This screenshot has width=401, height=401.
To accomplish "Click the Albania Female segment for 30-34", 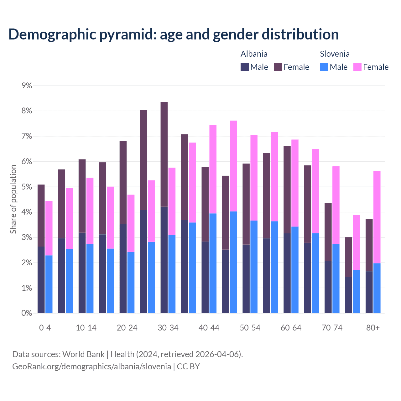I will click(x=164, y=154).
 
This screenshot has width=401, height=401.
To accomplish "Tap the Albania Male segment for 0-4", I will click(x=41, y=280).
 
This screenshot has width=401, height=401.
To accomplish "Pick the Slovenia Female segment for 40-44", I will click(x=213, y=169).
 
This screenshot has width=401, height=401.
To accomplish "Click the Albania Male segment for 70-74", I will click(x=328, y=287).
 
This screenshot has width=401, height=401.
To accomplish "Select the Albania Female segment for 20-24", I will click(x=123, y=182).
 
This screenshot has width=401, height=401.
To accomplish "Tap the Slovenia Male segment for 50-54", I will click(x=254, y=267).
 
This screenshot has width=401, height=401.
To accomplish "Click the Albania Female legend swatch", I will click(x=278, y=67).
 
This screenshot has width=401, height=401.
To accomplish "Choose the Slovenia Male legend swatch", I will click(x=324, y=67).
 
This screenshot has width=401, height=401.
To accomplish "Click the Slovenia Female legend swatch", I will click(x=357, y=67).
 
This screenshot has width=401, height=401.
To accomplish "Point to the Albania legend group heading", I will click(x=254, y=54).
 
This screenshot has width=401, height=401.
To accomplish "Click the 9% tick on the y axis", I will click(x=27, y=86).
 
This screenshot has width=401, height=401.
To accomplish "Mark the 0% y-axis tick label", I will click(x=27, y=313).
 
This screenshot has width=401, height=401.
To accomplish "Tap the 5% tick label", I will click(x=27, y=187).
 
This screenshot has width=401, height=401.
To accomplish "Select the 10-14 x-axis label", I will click(x=86, y=328).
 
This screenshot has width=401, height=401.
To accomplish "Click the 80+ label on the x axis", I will click(x=373, y=328).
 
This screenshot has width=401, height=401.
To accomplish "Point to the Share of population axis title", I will click(x=13, y=199).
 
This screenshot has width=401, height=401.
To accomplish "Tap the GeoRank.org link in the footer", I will click(x=91, y=366).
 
